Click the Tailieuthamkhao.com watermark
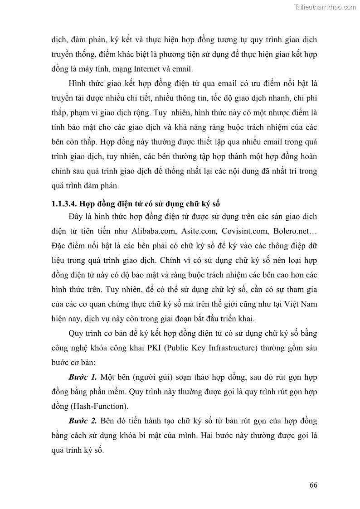click(326, 7)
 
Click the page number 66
click(313, 485)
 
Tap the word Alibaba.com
click(154, 231)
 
